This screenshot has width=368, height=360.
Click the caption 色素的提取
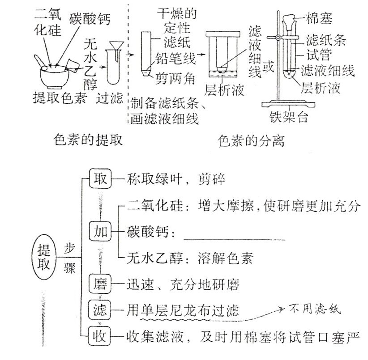tap(87, 140)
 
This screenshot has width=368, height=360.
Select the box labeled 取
tap(100, 179)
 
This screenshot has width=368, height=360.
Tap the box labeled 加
tap(100, 232)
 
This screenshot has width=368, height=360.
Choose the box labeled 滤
tap(100, 309)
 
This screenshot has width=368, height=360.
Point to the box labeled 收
tap(100, 334)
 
